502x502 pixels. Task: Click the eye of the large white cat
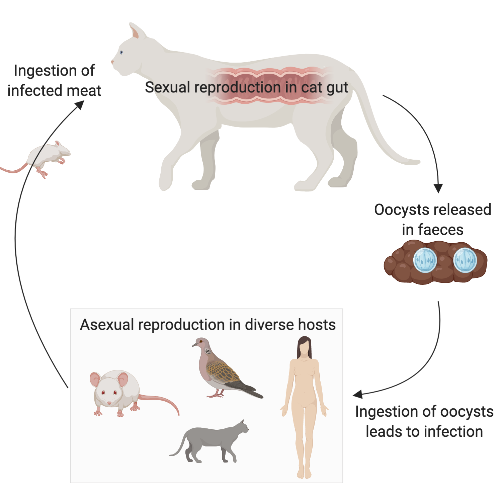pyautogui.click(x=121, y=53)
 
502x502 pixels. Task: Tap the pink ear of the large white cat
pyautogui.click(x=135, y=32)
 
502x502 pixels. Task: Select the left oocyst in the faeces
pyautogui.click(x=425, y=260)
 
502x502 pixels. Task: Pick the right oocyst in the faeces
pyautogui.click(x=465, y=260)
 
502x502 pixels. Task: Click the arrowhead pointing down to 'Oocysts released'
pyautogui.click(x=438, y=188)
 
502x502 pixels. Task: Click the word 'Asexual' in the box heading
pyautogui.click(x=107, y=325)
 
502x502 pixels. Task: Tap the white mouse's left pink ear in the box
pyautogui.click(x=95, y=380)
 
